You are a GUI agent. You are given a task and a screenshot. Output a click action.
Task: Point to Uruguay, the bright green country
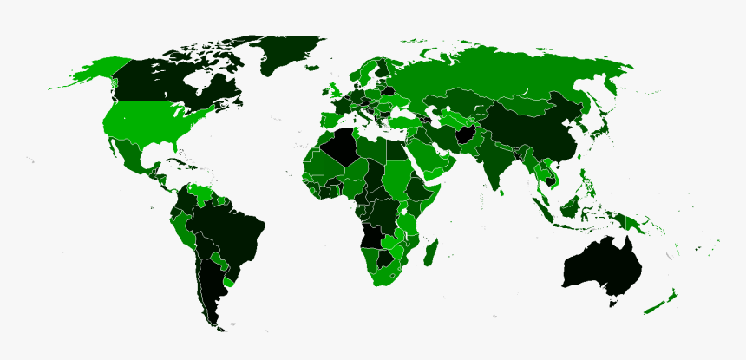(229, 281)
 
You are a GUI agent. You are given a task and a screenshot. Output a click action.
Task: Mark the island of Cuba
(170, 162)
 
